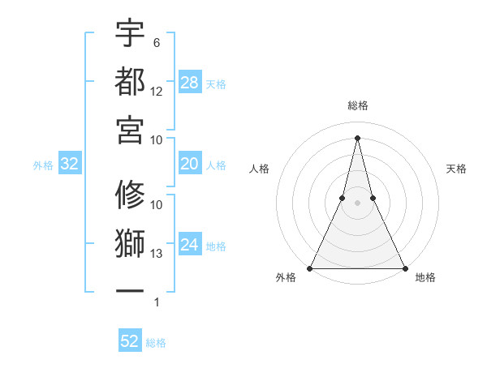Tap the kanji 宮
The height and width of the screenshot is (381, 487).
point(130,128)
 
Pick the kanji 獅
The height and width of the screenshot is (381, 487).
point(130,242)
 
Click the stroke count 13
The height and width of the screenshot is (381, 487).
point(157,254)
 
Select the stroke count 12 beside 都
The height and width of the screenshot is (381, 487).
point(157,92)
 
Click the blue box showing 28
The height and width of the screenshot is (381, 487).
point(190,83)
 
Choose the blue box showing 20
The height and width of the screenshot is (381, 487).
point(190,165)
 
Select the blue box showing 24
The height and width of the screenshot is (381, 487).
point(190,246)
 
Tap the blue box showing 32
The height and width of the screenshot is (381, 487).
point(70,165)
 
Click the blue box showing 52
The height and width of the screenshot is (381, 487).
point(130,342)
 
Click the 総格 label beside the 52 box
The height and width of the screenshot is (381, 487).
point(156,343)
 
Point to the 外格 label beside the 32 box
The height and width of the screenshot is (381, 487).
point(43,165)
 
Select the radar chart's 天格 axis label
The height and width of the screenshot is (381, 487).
point(457,169)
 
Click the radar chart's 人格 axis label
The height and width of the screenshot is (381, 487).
point(259,169)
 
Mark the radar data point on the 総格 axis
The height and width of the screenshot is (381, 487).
point(358,137)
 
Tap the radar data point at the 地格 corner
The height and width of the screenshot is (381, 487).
point(404,268)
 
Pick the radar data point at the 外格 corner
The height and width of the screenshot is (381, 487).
point(311,268)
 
